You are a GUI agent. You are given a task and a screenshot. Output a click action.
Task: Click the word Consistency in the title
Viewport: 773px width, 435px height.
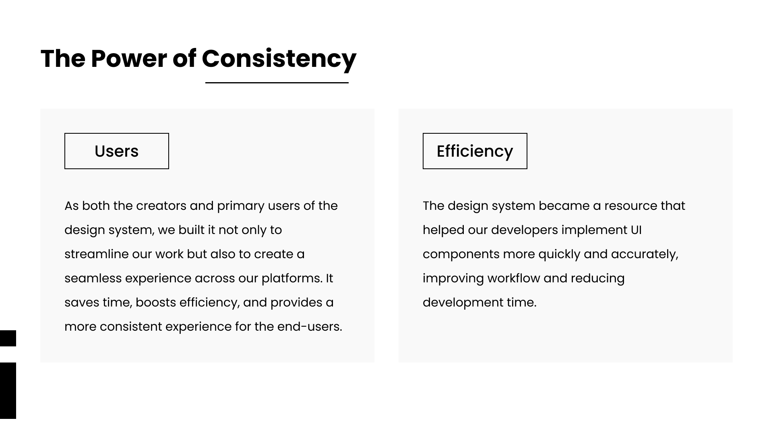coord(279,59)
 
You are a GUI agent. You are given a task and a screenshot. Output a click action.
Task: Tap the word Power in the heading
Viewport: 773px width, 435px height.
coord(129,59)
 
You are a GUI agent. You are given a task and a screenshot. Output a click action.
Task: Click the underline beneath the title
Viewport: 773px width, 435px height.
coord(277,83)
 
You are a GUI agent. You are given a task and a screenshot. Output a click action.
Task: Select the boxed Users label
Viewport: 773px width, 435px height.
coord(117,151)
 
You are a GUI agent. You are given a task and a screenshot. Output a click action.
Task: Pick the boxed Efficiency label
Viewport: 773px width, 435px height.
coord(475,151)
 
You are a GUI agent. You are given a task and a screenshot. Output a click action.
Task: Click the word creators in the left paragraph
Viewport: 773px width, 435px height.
coord(161,206)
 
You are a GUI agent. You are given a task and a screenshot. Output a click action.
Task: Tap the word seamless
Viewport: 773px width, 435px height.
coord(93,278)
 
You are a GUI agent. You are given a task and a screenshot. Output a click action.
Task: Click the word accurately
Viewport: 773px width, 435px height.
coord(645,254)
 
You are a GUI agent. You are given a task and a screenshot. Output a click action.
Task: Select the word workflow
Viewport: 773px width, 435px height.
coord(514,278)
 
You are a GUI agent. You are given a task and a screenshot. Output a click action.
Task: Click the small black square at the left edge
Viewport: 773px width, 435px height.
coord(8,338)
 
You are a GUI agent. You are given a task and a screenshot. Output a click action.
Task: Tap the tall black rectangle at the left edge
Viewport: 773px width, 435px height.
coord(8,391)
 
